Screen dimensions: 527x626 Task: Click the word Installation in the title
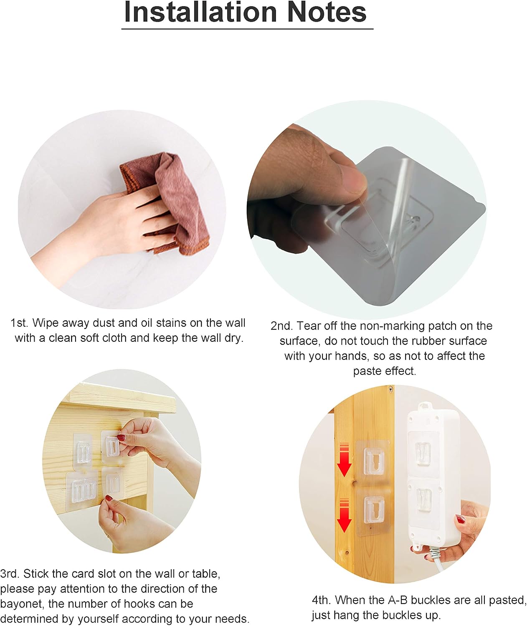tap(200, 12)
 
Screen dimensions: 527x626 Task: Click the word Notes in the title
tap(327, 12)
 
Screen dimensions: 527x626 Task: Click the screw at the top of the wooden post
tap(390, 389)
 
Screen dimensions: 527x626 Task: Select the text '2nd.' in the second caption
tap(281, 326)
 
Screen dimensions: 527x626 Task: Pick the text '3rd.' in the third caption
tap(10, 573)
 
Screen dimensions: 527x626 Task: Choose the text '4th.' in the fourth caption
tap(322, 600)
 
